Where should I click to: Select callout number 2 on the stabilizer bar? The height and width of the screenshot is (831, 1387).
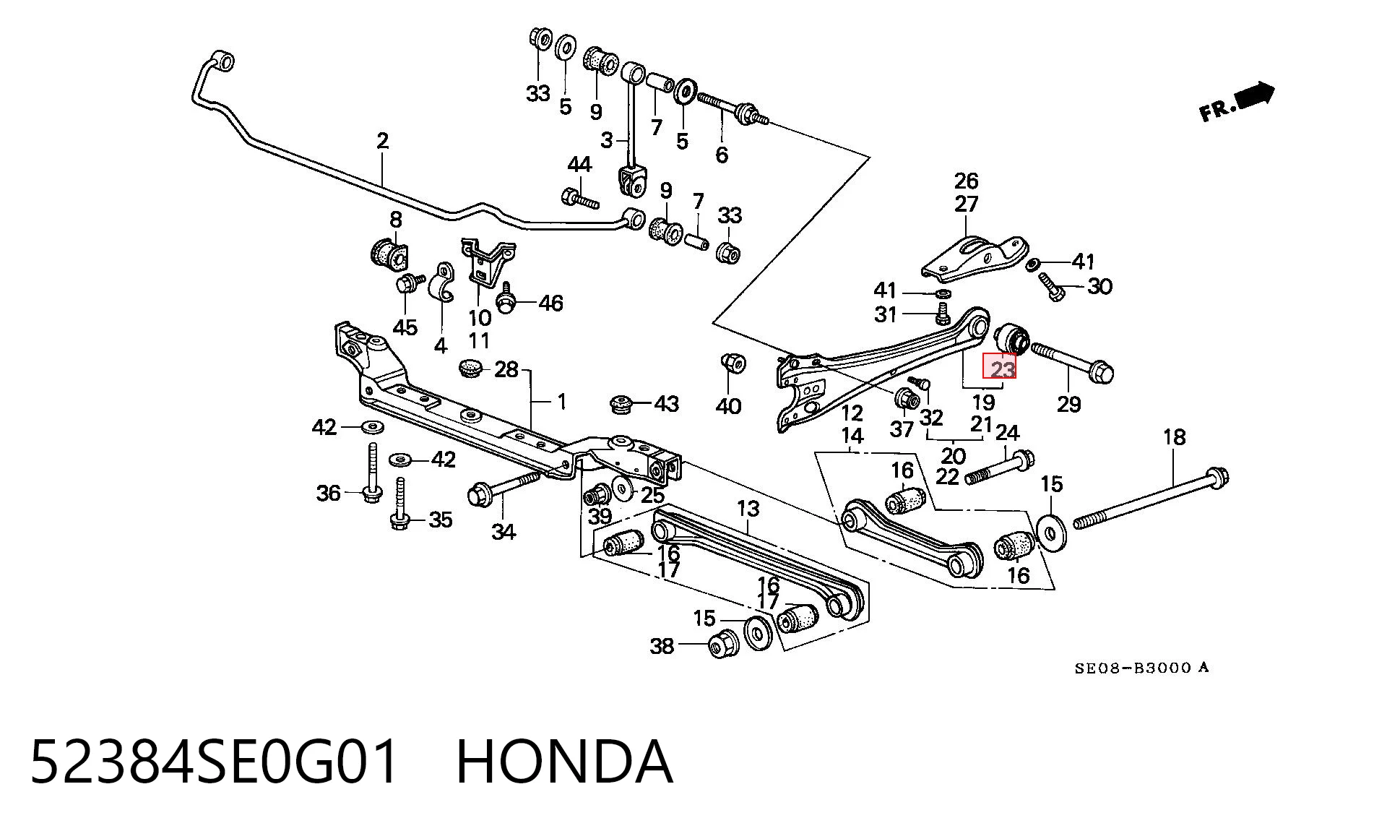pos(382,140)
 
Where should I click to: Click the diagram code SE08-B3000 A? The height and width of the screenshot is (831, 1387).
pos(1141,668)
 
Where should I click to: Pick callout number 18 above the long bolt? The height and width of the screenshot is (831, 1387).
pos(1174,436)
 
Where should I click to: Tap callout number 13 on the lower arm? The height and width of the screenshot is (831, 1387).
pos(748,508)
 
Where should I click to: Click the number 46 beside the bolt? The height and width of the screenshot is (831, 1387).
pos(550,303)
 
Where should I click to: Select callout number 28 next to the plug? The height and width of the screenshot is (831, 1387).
pos(506,370)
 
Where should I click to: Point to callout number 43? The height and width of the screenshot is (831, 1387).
pos(666,403)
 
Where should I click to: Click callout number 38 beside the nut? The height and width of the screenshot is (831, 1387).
pos(662,645)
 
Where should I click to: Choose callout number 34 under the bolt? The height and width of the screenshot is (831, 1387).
pos(504,532)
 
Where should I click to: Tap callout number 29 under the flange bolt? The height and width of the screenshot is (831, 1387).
pos(1068,404)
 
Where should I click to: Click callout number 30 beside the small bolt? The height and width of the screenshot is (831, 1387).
pos(1099,286)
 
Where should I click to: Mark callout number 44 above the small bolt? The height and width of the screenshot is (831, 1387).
pos(579,165)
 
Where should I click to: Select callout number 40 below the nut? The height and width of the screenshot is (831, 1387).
pos(728,406)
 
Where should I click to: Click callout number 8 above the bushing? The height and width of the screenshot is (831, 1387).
pos(395,219)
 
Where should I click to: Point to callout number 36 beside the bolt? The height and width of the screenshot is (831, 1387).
pos(328,493)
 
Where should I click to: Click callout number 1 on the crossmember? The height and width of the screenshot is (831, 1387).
pos(562,401)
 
